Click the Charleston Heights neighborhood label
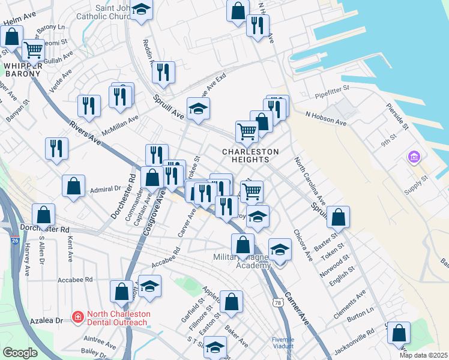tap(250, 155)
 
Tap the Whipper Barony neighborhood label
tap(22, 70)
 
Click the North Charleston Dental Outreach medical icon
tap(77, 316)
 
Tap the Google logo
tap(20, 353)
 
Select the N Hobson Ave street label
tap(326, 118)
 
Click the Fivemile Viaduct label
tap(283, 343)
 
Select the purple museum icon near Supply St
tap(414, 158)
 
